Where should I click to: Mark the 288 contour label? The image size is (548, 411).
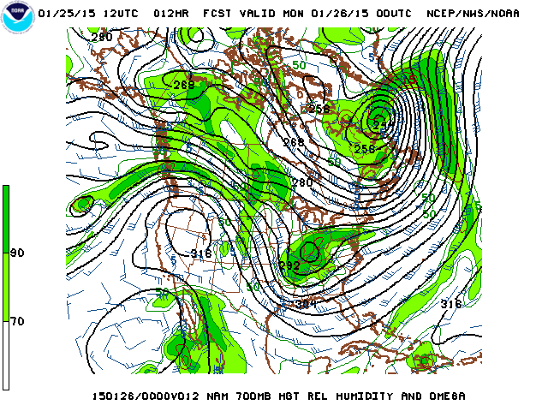(183, 85)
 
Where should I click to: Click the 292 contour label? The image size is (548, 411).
(289, 266)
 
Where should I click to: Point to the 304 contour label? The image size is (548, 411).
(306, 304)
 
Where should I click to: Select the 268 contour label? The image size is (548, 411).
(294, 142)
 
